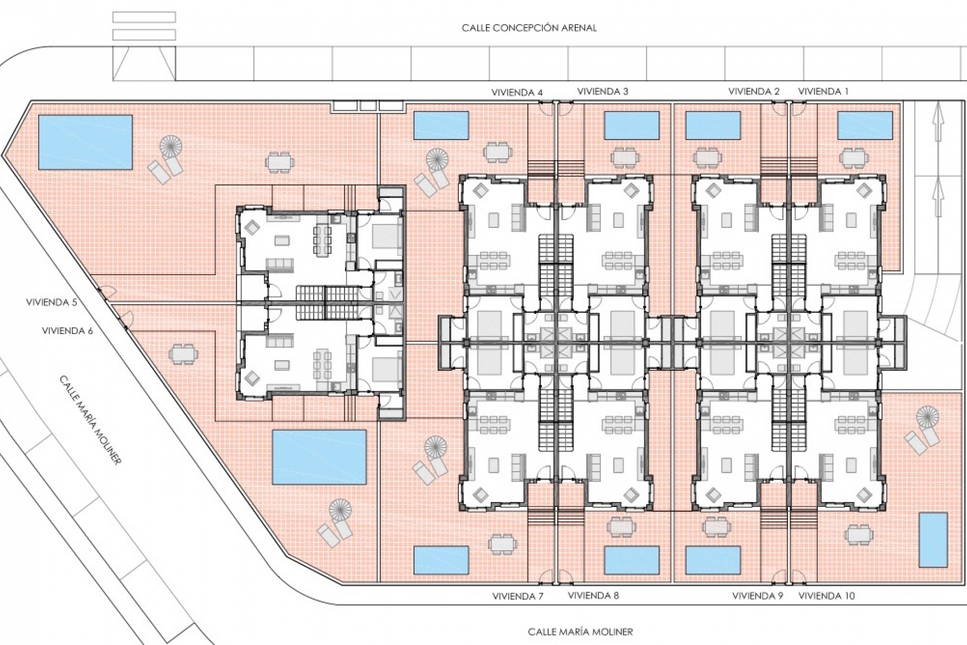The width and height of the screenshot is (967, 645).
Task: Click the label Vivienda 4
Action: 517,93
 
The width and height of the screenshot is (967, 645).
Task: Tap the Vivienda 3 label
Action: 602,92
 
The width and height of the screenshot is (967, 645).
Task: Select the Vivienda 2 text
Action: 753,92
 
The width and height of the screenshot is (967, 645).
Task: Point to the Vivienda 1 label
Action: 823,92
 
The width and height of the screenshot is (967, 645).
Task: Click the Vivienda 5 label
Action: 52,302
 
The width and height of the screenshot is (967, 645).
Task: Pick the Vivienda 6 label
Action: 67,331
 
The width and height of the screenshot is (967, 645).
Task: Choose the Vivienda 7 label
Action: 518,597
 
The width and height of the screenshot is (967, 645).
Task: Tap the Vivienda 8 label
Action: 593,596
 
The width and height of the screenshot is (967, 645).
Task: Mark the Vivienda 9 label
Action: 757,596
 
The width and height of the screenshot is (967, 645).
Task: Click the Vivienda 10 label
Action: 826,596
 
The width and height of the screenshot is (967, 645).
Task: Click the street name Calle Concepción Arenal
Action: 529,28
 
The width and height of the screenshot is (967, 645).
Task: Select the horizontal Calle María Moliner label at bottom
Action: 580,631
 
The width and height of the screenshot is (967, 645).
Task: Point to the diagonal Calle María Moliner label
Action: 91,420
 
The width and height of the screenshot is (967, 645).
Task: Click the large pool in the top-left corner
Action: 85,143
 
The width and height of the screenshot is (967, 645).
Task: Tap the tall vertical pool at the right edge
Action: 933,540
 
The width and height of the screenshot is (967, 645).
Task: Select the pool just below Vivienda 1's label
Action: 865,125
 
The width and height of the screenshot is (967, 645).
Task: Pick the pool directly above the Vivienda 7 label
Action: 441,560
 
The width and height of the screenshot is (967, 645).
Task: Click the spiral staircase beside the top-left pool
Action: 171,147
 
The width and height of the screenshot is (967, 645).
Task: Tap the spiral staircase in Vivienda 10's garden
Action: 928,417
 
